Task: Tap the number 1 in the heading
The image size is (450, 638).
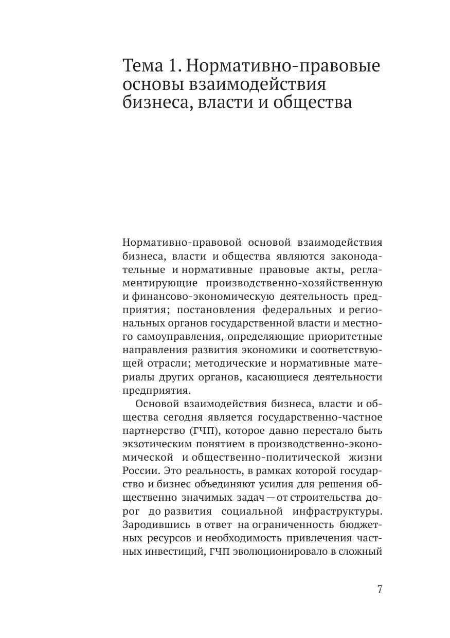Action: [x=175, y=66]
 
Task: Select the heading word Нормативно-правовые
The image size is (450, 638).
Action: [x=283, y=66]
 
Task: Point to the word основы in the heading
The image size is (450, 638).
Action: [x=149, y=84]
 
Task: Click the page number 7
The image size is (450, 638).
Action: [x=380, y=589]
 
